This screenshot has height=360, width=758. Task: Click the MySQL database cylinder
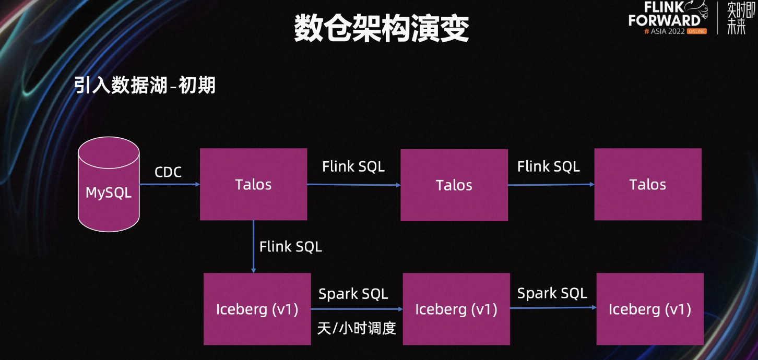click(109, 184)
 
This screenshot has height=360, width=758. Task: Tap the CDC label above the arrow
click(168, 172)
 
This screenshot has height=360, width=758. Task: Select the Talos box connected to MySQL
click(254, 184)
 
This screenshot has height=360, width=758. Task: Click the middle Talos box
click(454, 185)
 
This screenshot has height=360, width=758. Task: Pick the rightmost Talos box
click(648, 184)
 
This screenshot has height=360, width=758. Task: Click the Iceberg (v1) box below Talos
click(257, 309)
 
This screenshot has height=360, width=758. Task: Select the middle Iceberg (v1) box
click(456, 309)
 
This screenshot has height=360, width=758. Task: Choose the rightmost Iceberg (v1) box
click(650, 309)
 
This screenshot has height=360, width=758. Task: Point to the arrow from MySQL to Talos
click(170, 184)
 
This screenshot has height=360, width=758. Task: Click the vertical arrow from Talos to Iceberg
click(254, 247)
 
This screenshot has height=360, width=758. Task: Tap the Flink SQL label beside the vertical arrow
click(291, 247)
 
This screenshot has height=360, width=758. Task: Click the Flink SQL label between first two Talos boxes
click(353, 166)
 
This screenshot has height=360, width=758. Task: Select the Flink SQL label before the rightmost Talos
click(549, 166)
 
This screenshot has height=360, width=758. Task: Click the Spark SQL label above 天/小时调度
click(353, 294)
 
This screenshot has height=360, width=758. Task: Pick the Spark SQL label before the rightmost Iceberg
click(552, 293)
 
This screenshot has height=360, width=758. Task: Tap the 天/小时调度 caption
click(357, 328)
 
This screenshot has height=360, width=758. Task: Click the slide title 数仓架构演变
click(382, 28)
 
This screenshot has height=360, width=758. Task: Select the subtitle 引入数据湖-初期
click(145, 85)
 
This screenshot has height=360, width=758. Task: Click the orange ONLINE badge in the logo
click(697, 31)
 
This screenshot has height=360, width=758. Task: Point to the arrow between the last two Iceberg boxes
click(553, 308)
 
